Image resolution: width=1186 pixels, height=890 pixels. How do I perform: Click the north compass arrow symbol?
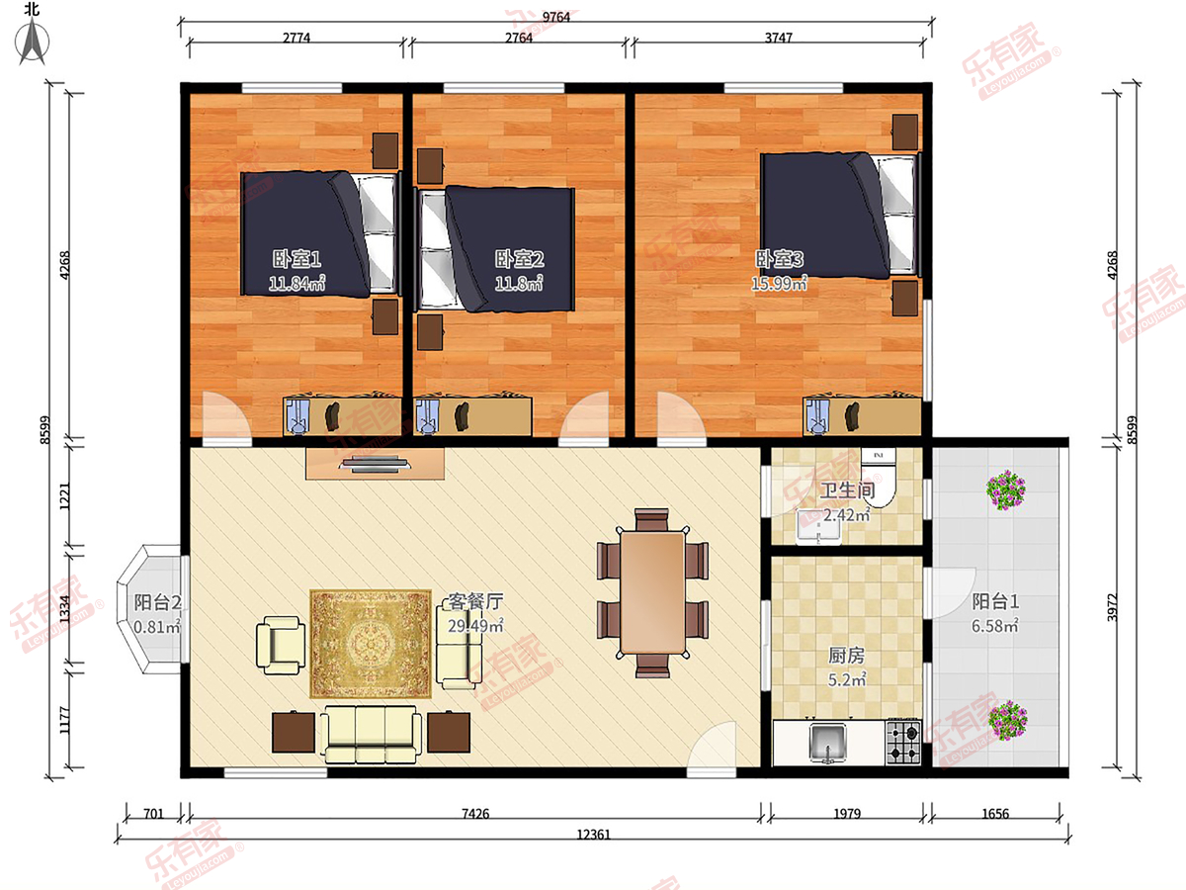[32, 42]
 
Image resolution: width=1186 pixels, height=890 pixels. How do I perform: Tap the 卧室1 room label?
[296, 259]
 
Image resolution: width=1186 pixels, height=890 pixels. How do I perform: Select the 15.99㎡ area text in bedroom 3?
[779, 283]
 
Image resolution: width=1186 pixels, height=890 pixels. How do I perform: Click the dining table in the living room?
[652, 592]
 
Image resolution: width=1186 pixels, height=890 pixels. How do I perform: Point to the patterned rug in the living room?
[371, 644]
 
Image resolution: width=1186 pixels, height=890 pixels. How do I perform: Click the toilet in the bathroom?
[879, 478]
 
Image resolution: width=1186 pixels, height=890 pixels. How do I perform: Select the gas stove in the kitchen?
[903, 742]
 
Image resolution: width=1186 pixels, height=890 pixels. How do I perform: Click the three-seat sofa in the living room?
[371, 735]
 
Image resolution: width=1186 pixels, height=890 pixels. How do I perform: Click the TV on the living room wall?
[375, 464]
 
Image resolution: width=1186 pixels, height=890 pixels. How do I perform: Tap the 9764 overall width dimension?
[556, 17]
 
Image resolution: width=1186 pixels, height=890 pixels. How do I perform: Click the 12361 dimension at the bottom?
[593, 835]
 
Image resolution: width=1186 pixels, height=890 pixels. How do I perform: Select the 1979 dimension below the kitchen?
[847, 814]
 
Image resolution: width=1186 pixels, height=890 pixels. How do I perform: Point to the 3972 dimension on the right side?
[1111, 607]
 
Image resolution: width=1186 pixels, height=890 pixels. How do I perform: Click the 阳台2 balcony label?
[157, 602]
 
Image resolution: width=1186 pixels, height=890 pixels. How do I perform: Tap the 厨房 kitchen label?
[846, 656]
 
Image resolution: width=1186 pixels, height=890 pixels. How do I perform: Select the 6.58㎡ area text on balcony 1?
[994, 626]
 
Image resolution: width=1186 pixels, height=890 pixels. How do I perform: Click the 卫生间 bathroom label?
[847, 490]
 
